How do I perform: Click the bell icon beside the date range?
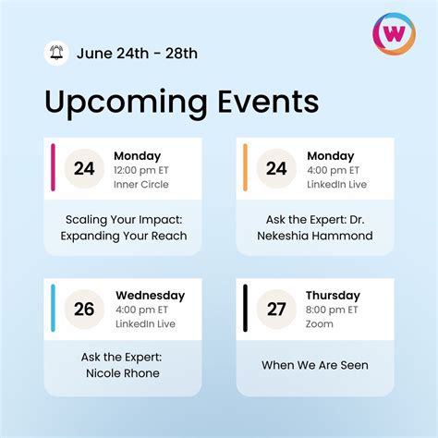tap(56, 53)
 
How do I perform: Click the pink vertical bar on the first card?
tap(53, 167)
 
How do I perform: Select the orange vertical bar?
tap(245, 167)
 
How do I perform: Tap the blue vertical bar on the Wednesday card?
tap(53, 308)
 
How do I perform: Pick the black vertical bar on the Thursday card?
tap(245, 308)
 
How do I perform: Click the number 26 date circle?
tap(84, 309)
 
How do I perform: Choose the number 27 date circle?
tap(276, 309)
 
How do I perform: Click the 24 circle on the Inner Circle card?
tap(84, 168)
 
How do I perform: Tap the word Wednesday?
tap(150, 296)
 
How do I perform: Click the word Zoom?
tap(319, 325)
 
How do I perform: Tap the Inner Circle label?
tap(140, 185)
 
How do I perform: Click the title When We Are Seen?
tap(314, 365)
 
